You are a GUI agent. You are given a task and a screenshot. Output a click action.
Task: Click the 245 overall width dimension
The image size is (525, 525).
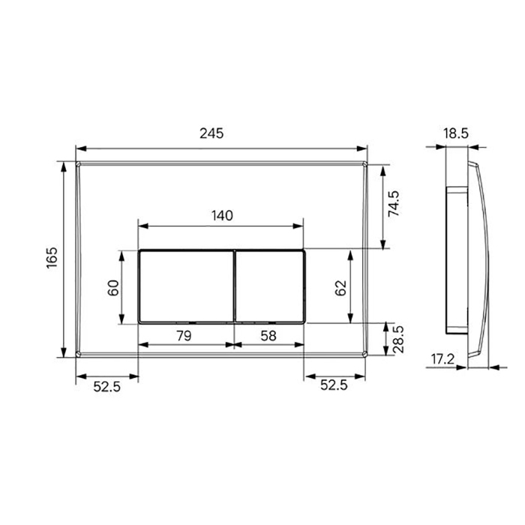(x=211, y=133)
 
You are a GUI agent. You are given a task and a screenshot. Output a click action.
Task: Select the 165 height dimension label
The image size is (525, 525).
(x=52, y=257)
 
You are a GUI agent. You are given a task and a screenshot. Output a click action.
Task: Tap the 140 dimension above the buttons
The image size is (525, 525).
(x=222, y=216)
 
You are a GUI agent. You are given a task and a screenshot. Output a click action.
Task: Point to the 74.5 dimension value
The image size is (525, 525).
(x=394, y=203)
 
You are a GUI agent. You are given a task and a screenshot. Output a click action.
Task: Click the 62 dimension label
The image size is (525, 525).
(x=340, y=287)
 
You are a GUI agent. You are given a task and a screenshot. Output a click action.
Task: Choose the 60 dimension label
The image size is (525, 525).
(x=113, y=287)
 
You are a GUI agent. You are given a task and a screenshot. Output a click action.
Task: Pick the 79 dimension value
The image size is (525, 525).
(x=184, y=335)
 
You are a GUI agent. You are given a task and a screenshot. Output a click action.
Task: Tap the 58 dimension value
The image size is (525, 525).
(x=268, y=335)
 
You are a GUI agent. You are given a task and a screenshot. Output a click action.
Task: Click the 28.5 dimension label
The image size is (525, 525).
(x=398, y=340)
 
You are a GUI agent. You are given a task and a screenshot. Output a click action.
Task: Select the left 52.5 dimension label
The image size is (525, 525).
(x=106, y=387)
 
